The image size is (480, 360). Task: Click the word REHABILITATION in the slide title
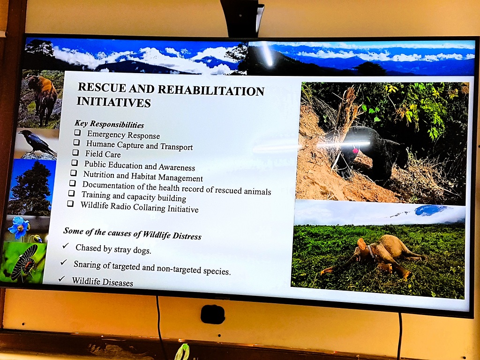click(x=211, y=90)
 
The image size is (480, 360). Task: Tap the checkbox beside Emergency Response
click(x=78, y=132)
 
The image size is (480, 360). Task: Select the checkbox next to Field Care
click(x=75, y=152)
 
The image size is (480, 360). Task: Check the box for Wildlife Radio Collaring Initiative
click(x=70, y=203)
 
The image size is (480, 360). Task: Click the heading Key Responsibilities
click(x=109, y=124)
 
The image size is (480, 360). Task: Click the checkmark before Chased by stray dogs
click(x=66, y=246)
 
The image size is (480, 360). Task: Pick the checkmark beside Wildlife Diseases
click(x=62, y=278)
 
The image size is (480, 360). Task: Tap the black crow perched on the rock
click(x=37, y=142)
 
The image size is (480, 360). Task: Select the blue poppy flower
click(x=19, y=227)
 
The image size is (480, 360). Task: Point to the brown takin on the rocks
click(x=41, y=98)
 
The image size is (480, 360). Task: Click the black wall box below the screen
click(x=213, y=315)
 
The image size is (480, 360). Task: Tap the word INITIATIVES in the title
click(x=113, y=102)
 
